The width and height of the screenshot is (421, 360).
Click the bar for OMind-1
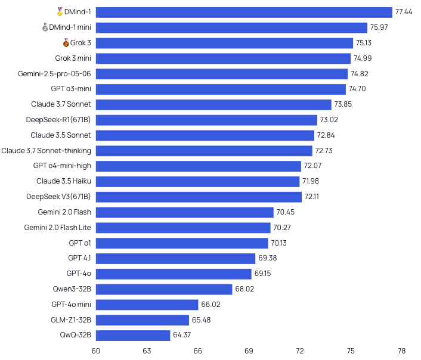pos(244,13)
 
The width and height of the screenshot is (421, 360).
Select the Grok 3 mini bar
pos(223,58)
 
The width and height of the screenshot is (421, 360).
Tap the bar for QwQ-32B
pos(132,336)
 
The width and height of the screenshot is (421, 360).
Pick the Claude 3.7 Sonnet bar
pos(213,104)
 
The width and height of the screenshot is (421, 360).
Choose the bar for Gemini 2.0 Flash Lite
pos(182,228)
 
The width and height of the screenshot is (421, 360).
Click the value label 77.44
pos(404,13)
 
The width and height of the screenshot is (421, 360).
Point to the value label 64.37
pos(182,336)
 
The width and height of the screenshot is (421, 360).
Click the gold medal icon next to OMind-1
pos(60,12)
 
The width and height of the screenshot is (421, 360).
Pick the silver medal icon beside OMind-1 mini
pos(45,27)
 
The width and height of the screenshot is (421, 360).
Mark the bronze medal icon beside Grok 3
pos(66,43)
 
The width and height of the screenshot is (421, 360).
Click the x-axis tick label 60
pos(95,350)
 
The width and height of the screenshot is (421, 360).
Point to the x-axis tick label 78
pos(401,350)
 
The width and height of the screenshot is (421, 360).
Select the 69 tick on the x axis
pos(249,350)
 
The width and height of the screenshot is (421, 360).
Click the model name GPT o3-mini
pos(71,89)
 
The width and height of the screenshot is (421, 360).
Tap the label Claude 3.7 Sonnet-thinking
pos(46,151)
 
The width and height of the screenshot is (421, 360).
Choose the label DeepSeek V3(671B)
pos(58,197)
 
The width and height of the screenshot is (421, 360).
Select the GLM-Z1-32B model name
pos(71,320)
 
